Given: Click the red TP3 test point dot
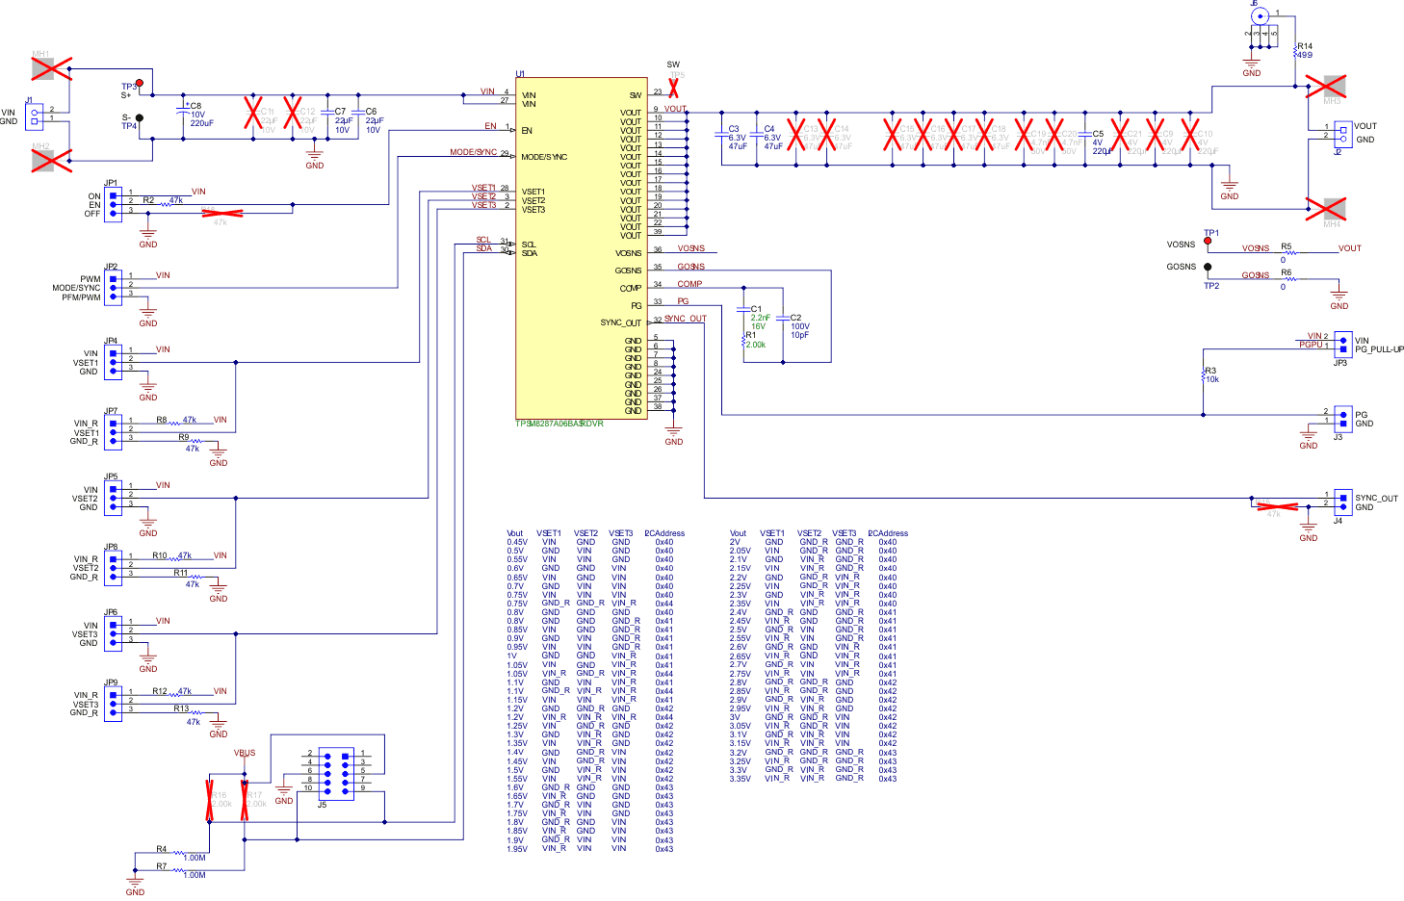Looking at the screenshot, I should [140, 84].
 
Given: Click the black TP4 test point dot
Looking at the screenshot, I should [140, 118].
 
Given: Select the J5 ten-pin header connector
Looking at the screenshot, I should [336, 773].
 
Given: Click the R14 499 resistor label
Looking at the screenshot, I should [1305, 50].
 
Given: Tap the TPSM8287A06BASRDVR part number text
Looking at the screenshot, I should [559, 424].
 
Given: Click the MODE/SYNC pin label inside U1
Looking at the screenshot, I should [545, 157].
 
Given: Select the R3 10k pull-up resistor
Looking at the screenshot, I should [1204, 375].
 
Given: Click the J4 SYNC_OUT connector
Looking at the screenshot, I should [1342, 501].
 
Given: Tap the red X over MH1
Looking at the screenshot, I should [51, 68].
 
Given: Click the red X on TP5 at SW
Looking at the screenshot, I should [673, 87].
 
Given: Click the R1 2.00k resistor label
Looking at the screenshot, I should [755, 340].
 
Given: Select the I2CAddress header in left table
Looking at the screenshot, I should [664, 533].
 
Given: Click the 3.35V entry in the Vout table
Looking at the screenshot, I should [740, 779].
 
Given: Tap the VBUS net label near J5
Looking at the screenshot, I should [245, 753].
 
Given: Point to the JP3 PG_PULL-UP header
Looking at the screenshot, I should [1342, 343].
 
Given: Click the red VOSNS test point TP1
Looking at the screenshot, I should [1208, 242].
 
